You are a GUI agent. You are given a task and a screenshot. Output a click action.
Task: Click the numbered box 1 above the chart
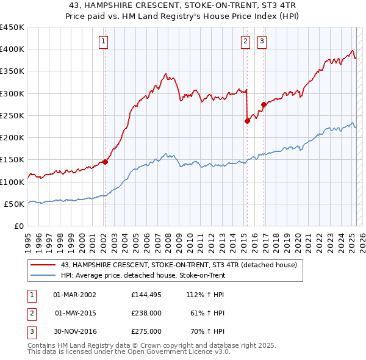coord(104,41)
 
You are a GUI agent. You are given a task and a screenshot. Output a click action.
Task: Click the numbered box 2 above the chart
coord(245,41)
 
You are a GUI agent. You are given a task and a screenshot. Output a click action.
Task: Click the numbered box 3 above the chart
coord(262,41)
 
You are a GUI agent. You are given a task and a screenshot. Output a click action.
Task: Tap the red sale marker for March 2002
coord(105,162)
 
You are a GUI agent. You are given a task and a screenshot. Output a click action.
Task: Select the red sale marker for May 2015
coord(247,121)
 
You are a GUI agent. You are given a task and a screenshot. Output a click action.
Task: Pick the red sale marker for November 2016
coord(264,104)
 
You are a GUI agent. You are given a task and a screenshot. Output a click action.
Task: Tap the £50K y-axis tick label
coord(15,204)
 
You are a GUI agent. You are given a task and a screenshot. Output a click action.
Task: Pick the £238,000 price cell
coord(146,313)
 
